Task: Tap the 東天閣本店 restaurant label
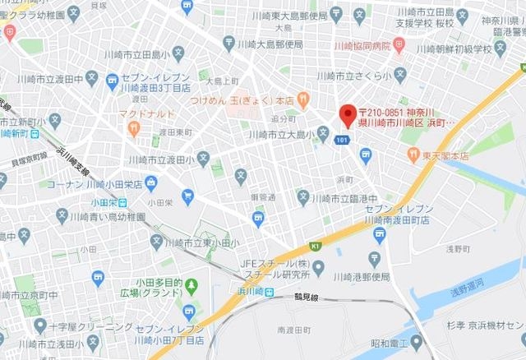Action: (x=440, y=155)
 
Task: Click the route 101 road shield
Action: (x=342, y=141)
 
